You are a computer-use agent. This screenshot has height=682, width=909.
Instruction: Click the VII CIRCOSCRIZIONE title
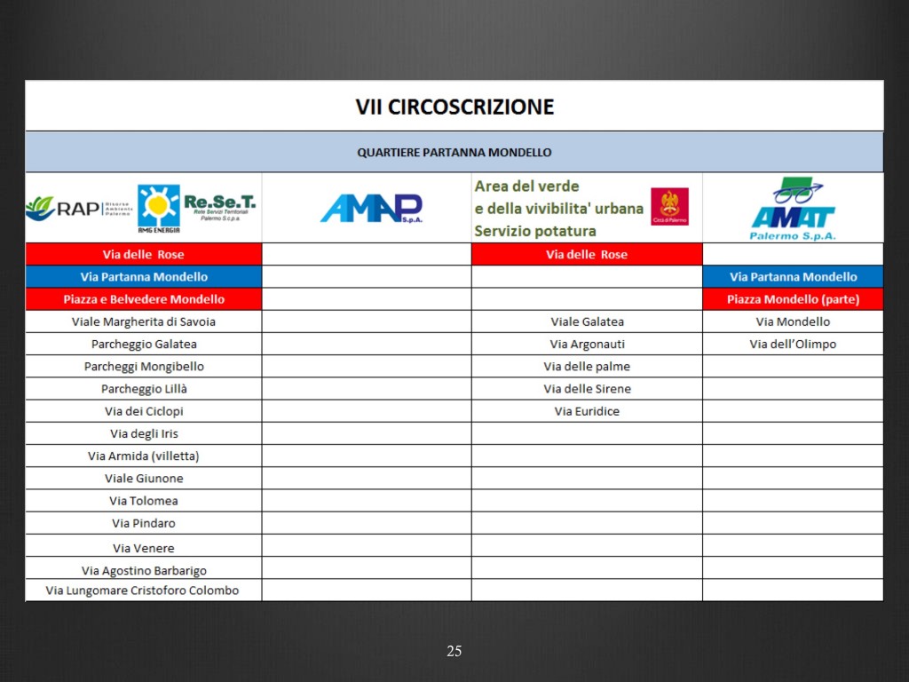click(454, 107)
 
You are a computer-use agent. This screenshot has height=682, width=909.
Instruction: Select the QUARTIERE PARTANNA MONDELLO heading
click(454, 152)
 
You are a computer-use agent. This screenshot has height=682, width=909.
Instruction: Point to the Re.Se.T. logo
click(219, 207)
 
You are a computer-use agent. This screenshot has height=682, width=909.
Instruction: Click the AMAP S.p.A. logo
click(371, 209)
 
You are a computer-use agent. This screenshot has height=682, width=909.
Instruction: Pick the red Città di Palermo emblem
click(669, 206)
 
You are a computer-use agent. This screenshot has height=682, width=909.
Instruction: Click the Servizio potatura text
click(535, 231)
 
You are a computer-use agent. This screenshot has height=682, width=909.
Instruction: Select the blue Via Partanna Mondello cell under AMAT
click(793, 277)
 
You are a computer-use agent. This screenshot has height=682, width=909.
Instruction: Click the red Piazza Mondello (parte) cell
click(793, 299)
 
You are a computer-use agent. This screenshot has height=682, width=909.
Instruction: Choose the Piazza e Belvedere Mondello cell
click(144, 299)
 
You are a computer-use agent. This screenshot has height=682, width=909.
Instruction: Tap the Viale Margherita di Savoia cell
click(144, 321)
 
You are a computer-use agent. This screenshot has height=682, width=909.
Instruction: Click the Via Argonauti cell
click(587, 344)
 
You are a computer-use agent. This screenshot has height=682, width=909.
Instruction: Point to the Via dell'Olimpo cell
click(793, 344)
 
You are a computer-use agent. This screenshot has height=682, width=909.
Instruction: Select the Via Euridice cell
click(587, 411)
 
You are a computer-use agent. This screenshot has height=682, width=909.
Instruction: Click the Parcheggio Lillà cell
click(144, 389)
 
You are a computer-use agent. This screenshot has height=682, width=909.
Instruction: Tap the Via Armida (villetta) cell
click(144, 456)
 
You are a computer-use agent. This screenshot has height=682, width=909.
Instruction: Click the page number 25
click(454, 652)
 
